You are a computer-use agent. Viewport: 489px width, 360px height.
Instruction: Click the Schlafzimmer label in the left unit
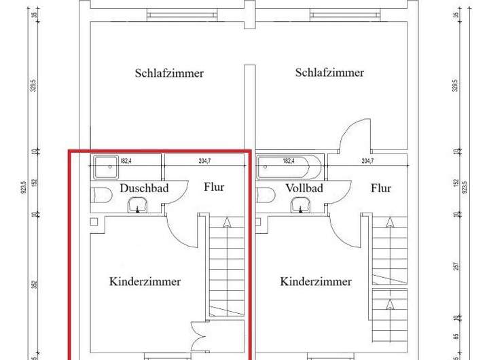pyautogui.click(x=169, y=73)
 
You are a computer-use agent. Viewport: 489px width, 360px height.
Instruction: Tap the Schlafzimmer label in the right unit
pyautogui.click(x=329, y=73)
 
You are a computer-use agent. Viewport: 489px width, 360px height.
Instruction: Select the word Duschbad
pyautogui.click(x=144, y=188)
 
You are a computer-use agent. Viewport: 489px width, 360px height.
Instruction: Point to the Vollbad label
pyautogui.click(x=304, y=188)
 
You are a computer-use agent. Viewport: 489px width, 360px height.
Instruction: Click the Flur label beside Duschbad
pyautogui.click(x=214, y=187)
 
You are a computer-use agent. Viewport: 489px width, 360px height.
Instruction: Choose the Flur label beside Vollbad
pyautogui.click(x=381, y=188)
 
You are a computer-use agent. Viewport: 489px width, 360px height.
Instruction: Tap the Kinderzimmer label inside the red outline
pyautogui.click(x=145, y=281)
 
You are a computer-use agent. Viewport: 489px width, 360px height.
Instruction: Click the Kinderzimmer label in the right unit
pyautogui.click(x=316, y=281)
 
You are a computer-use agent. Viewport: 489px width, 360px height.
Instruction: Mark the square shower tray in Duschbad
pyautogui.click(x=105, y=164)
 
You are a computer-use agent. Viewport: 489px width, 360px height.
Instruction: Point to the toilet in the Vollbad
pyautogui.click(x=266, y=196)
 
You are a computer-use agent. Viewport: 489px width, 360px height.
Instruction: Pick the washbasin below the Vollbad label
pyautogui.click(x=300, y=205)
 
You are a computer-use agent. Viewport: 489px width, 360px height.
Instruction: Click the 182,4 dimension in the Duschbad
pyautogui.click(x=126, y=161)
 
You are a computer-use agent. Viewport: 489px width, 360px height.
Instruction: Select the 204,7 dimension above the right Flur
pyautogui.click(x=368, y=161)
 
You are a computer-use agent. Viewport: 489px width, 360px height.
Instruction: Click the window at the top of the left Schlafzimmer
pyautogui.click(x=169, y=14)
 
